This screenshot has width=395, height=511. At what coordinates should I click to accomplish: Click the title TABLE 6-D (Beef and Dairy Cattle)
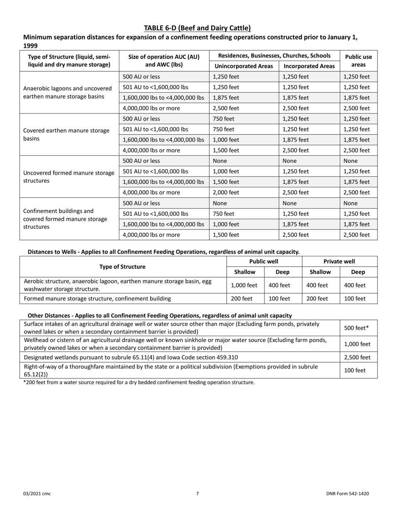[197, 28]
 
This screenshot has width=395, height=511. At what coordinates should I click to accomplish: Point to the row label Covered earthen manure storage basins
[67, 135]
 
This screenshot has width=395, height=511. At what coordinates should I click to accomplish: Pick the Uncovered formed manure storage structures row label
[69, 177]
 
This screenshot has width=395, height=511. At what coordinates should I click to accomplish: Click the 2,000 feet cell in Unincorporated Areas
[226, 192]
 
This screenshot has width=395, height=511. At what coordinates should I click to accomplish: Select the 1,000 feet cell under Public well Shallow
[244, 285]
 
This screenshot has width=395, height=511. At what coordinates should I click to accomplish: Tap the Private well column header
[339, 261]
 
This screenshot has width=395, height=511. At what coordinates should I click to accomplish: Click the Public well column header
[264, 261]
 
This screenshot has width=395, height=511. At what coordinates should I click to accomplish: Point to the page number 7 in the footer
[197, 494]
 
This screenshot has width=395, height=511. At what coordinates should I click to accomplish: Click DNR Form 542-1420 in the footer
[347, 494]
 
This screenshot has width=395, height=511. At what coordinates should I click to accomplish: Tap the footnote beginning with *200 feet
[138, 382]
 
